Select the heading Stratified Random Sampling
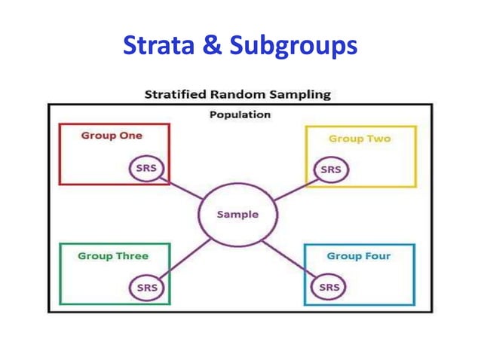(237, 95)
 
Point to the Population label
(240, 114)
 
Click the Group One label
(112, 136)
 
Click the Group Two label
(360, 139)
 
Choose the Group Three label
(113, 256)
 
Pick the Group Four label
(359, 256)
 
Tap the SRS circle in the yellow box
(330, 170)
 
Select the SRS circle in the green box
(146, 287)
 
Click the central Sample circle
(237, 214)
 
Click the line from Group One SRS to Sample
(182, 188)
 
